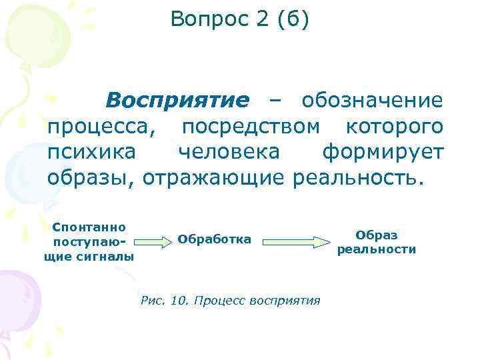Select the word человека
click(x=229, y=153)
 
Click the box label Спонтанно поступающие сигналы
click(x=89, y=241)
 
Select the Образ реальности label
click(x=376, y=242)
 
